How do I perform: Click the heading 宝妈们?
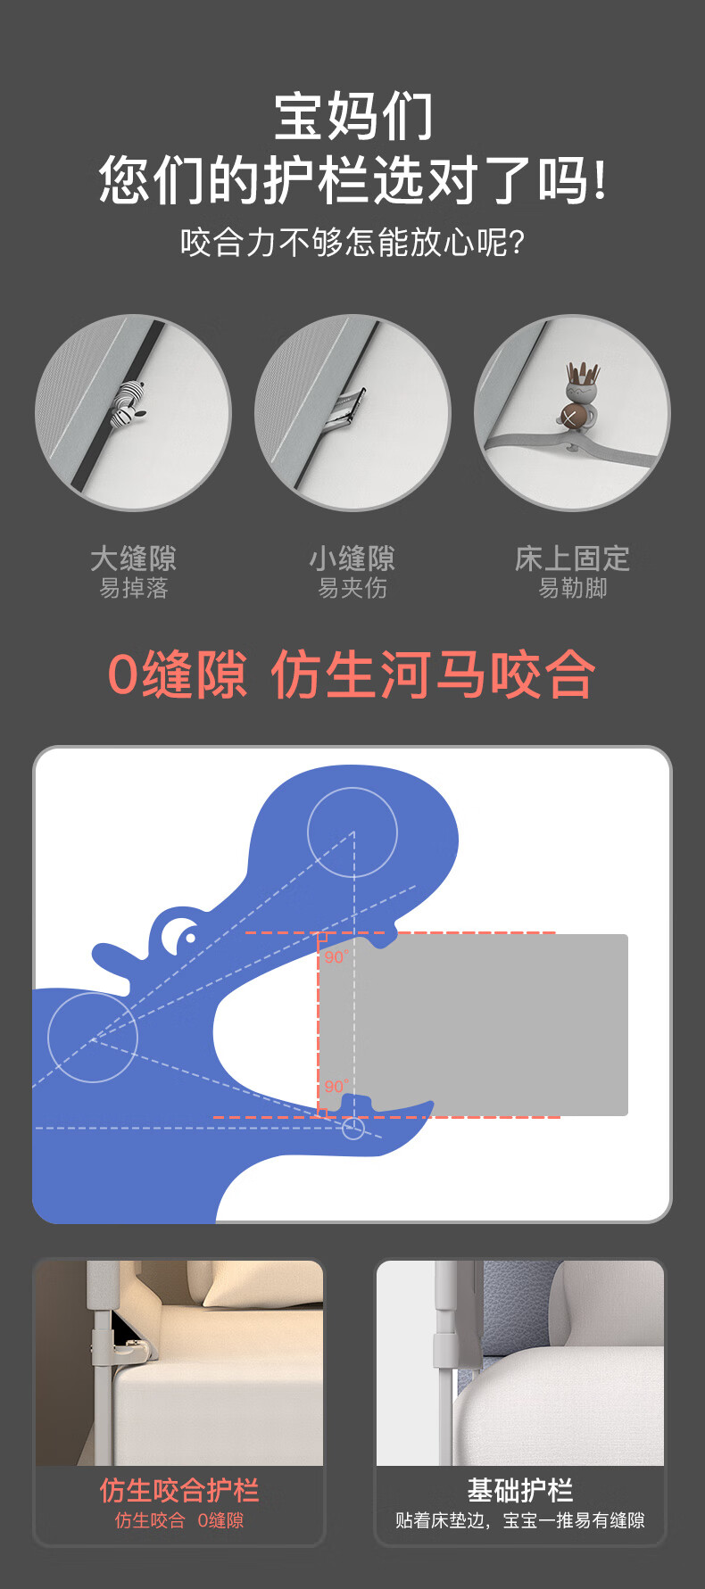(353, 117)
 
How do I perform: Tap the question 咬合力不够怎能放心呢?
(352, 242)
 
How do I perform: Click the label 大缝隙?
(133, 559)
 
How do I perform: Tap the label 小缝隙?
(352, 559)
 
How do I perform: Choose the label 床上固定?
(572, 559)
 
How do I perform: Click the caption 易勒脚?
(572, 588)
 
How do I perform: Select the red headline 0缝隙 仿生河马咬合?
(352, 674)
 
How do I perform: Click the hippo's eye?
(188, 938)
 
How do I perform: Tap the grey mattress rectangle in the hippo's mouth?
(473, 1024)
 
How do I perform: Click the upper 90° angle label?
(336, 956)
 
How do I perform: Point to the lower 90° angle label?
(336, 1086)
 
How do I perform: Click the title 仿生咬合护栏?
(179, 1490)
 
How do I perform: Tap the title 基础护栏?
(520, 1490)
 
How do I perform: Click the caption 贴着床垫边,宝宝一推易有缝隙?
(520, 1520)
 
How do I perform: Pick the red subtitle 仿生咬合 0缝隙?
(179, 1520)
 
